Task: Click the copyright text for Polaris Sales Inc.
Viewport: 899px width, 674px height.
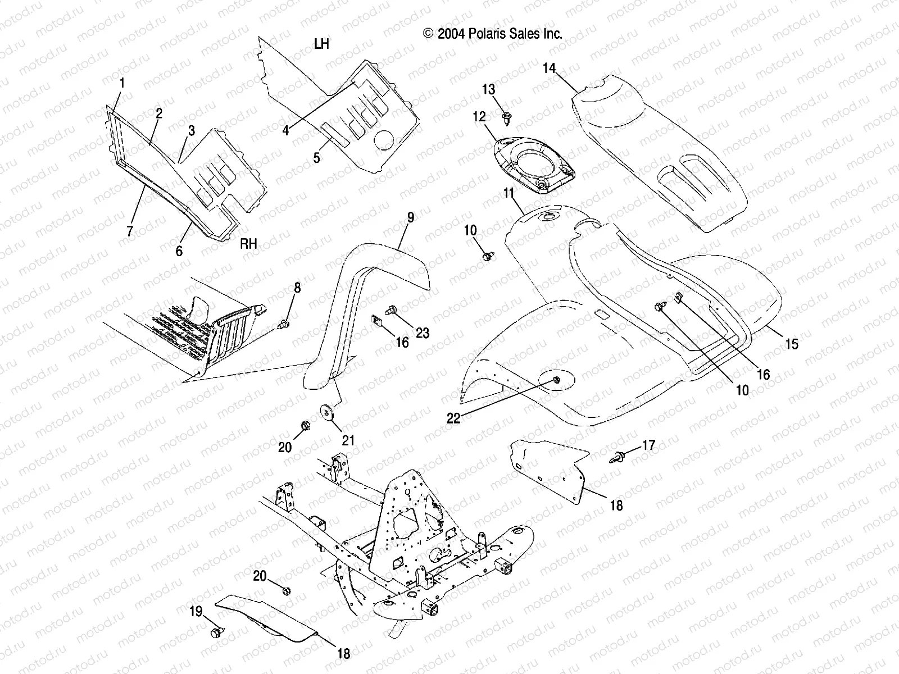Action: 492,34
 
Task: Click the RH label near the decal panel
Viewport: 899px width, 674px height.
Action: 248,244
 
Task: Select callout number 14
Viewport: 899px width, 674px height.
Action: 549,68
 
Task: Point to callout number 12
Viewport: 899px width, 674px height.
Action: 479,117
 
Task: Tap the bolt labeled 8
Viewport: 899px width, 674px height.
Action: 284,324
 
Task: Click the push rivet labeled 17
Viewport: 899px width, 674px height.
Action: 617,457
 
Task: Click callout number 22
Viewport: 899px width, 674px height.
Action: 453,418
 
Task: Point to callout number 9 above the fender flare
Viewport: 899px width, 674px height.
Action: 411,218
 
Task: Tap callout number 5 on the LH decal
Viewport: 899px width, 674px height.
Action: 317,158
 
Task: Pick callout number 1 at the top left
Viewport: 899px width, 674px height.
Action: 122,84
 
